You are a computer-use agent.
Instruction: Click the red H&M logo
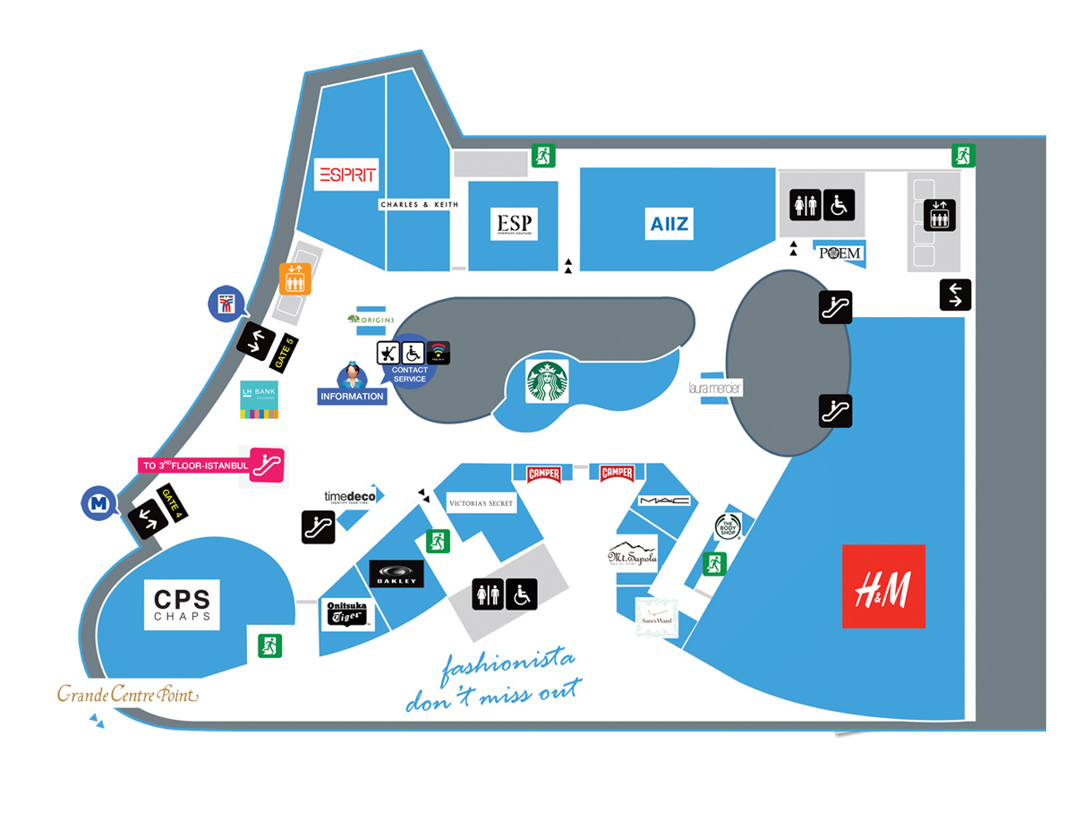883,586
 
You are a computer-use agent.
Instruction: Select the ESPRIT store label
346,174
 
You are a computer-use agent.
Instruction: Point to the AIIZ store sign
669,222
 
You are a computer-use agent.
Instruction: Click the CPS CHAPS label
182,605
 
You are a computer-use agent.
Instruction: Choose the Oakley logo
396,574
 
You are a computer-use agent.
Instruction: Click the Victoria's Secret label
482,504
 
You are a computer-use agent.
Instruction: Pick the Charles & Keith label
419,204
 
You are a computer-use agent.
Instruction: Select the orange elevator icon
294,278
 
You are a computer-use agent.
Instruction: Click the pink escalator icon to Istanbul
267,465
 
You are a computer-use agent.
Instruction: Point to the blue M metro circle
98,503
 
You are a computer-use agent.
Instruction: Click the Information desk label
353,396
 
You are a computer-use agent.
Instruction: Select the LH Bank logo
259,399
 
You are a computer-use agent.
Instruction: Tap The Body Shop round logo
728,527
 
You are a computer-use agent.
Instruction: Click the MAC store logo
664,500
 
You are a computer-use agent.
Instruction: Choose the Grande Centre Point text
127,694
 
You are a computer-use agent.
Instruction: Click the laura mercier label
715,389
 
